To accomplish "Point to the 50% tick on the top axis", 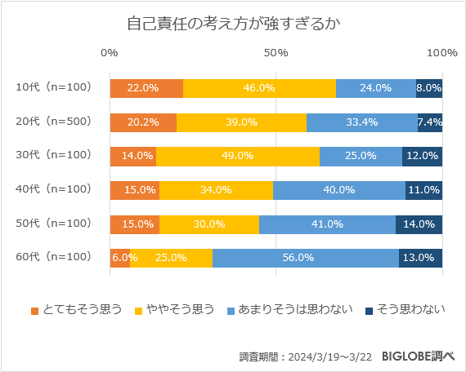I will click(276, 53).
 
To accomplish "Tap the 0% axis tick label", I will click(110, 53).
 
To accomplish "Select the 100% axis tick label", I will click(442, 53).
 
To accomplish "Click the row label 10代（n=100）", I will click(53, 87).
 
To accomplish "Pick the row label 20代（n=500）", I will click(53, 122).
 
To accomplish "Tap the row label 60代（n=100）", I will click(53, 257).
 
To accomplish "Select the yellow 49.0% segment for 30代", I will click(238, 156).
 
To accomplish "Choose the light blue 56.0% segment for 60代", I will click(306, 258).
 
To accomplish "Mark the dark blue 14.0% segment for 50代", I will click(419, 224).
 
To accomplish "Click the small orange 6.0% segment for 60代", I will click(120, 258).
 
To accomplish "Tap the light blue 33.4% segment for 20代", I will click(362, 122).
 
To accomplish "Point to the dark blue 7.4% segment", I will click(430, 122).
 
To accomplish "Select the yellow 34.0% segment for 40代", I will click(217, 190).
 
